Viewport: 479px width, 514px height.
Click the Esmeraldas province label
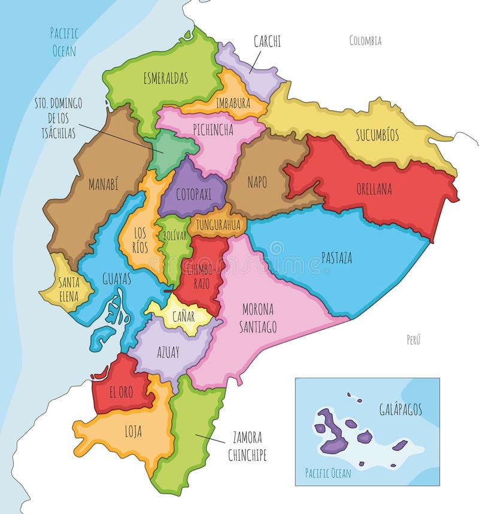click(166, 78)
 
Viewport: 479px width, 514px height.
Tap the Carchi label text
click(267, 41)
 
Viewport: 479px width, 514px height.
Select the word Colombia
click(365, 41)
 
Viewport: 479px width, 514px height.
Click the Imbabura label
click(233, 103)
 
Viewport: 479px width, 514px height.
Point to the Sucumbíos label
click(377, 135)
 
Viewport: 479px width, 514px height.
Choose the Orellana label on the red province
click(373, 189)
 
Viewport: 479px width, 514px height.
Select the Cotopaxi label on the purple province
click(193, 194)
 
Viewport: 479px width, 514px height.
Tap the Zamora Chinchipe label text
click(246, 446)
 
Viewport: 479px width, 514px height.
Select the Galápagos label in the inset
click(400, 409)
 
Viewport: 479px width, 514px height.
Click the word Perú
click(413, 340)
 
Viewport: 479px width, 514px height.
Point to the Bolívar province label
click(174, 236)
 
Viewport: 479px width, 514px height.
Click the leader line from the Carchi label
click(255, 61)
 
